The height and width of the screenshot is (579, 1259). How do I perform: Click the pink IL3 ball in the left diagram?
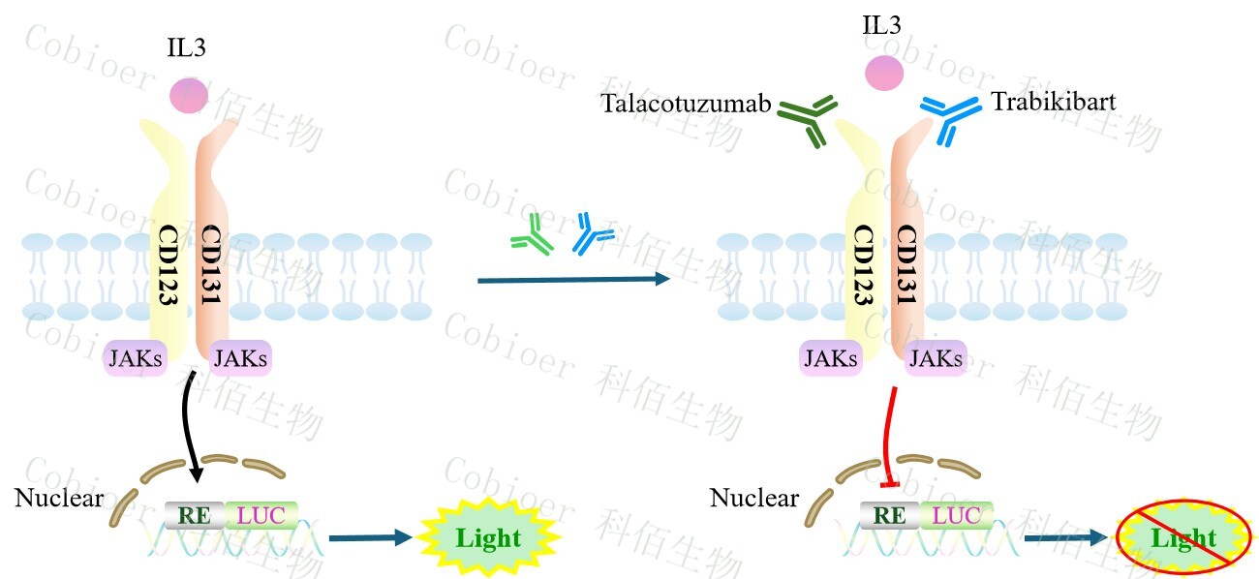pos(189,95)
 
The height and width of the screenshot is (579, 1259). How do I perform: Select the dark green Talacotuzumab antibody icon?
pos(809,120)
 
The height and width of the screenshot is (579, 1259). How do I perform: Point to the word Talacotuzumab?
pos(684,103)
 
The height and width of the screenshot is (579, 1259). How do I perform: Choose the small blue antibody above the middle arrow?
pos(592,234)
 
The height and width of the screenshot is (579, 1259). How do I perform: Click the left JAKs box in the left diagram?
pos(136,360)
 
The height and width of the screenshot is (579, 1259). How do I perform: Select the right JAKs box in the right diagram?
pos(936,359)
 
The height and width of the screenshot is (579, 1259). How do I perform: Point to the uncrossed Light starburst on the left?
pos(488,537)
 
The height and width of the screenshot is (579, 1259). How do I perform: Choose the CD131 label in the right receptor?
pos(906,266)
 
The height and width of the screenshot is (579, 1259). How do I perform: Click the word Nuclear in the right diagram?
pos(753,499)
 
